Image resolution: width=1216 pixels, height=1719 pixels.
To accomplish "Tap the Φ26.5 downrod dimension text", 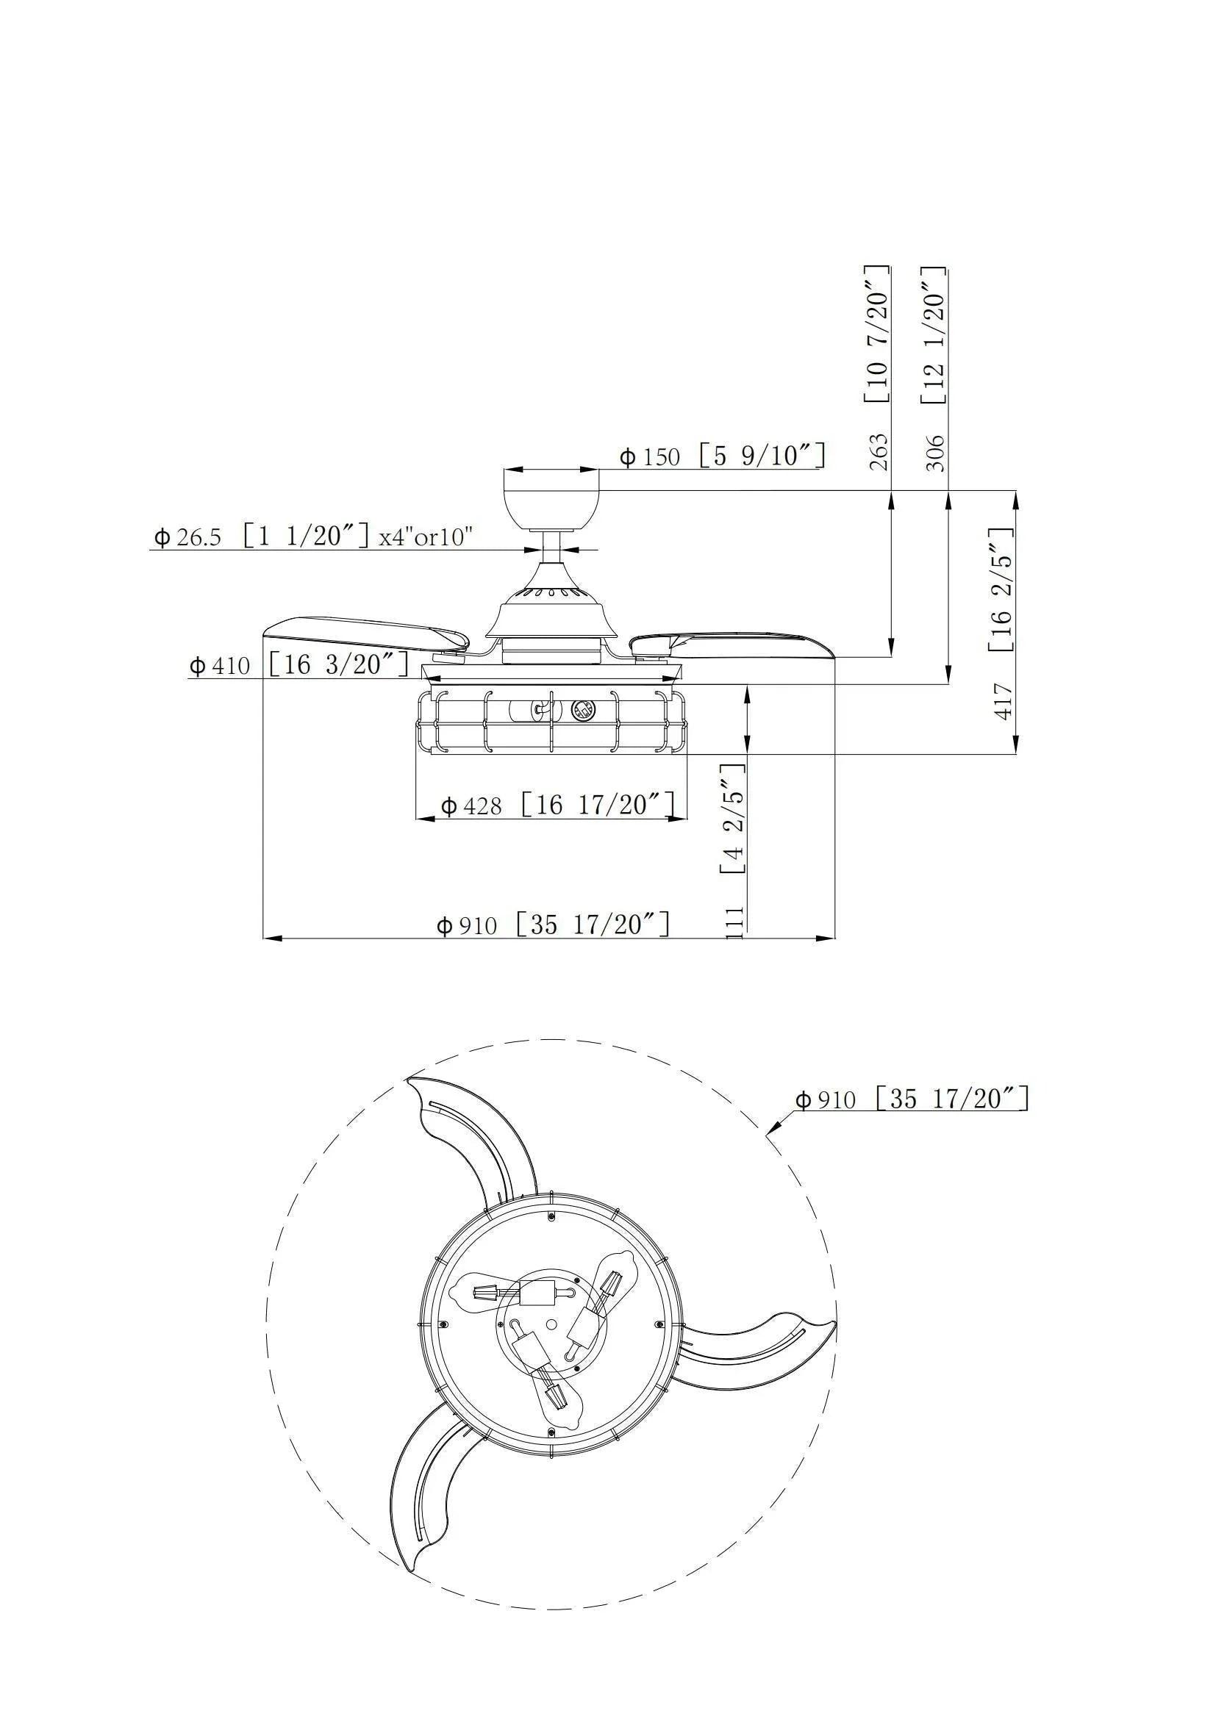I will (x=312, y=536).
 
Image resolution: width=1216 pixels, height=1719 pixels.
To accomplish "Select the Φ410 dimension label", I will (x=298, y=664).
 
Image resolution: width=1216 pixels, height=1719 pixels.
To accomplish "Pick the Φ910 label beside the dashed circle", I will (x=910, y=1099).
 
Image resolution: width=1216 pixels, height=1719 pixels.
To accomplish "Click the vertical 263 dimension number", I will (x=881, y=451).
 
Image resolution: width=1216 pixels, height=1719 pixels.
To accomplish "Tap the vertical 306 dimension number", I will (x=936, y=451).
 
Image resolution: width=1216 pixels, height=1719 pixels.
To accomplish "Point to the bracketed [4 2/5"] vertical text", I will (x=732, y=818).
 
